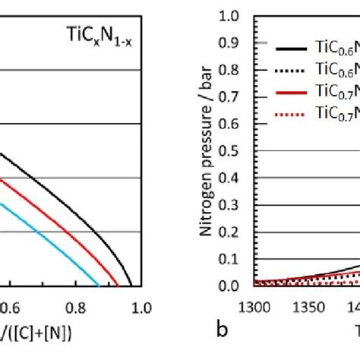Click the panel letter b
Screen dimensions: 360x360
(x=223, y=329)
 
